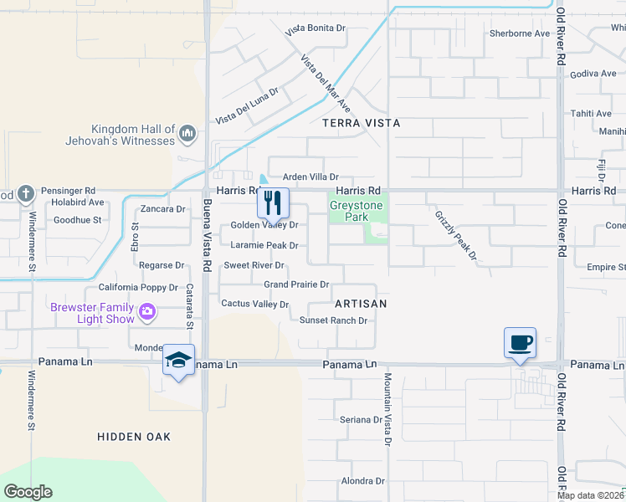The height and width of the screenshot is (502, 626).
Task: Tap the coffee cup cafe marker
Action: point(520,343)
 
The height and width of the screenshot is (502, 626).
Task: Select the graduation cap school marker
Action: point(177,360)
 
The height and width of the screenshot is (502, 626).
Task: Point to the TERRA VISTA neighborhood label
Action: point(361,123)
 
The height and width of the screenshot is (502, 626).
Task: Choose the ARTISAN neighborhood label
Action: point(361,304)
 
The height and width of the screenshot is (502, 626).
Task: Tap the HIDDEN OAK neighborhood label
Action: point(134,437)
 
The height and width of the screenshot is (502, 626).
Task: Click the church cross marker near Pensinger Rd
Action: point(26,194)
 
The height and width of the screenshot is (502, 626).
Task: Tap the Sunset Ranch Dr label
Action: point(334,320)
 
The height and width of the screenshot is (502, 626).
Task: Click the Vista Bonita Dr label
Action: point(316,28)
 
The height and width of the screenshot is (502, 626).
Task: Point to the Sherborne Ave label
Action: point(520,34)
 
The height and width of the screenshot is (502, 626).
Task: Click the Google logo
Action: point(28,492)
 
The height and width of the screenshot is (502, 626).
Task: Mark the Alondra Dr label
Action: point(362,481)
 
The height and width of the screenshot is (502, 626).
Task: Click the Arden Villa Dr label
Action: point(310,177)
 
